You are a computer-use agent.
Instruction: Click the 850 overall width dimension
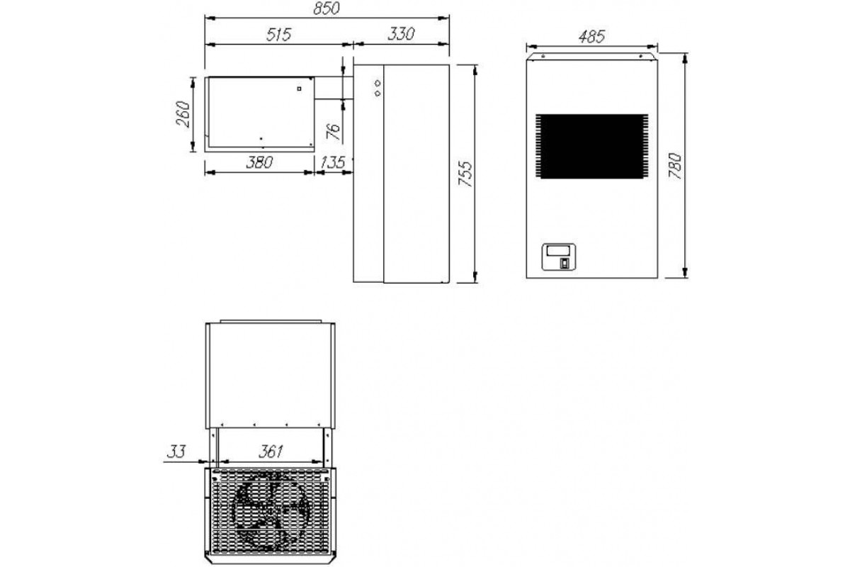tap(327, 9)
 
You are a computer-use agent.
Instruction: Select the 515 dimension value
tap(278, 35)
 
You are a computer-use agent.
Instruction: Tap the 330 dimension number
tap(401, 34)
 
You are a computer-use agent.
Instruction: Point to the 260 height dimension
tap(183, 114)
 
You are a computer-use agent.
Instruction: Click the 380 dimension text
tap(259, 162)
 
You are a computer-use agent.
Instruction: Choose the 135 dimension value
tap(333, 162)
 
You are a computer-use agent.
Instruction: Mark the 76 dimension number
tap(334, 131)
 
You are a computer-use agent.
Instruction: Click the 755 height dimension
tap(465, 174)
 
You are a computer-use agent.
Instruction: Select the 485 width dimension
tap(591, 37)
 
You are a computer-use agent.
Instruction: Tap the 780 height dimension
tap(676, 166)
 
